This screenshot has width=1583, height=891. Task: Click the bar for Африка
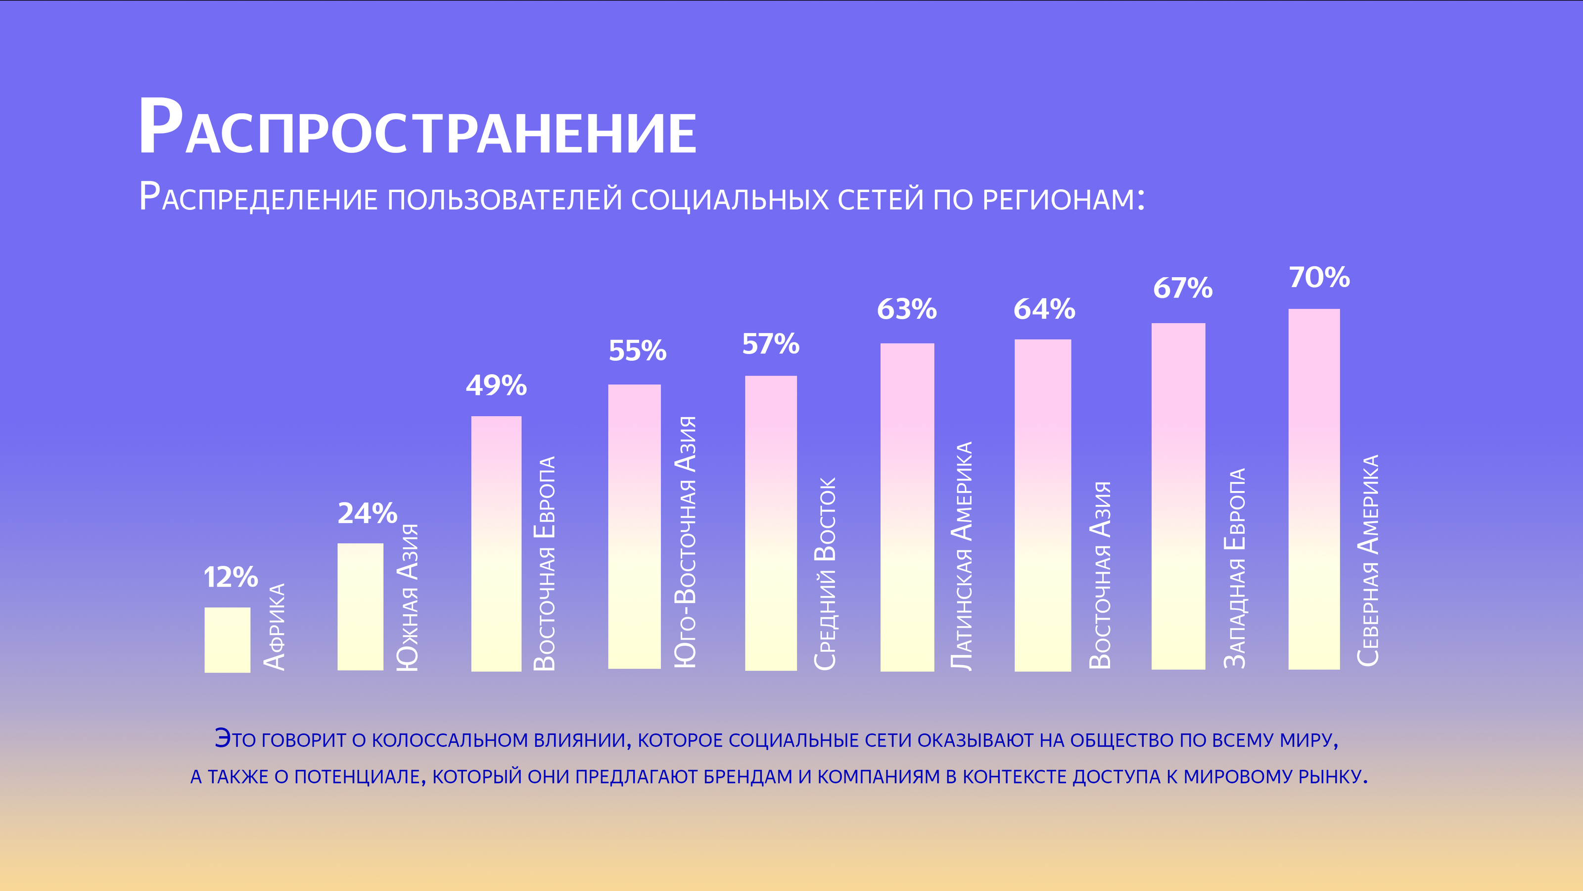(228, 640)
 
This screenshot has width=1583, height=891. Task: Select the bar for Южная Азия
(360, 606)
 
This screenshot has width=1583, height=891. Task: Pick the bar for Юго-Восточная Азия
(634, 526)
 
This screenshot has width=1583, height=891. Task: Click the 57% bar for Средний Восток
(771, 523)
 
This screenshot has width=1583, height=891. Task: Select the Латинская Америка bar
(907, 507)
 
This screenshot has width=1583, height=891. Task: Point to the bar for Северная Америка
(1314, 489)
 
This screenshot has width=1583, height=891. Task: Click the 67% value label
(1182, 288)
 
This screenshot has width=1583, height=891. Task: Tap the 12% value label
(231, 577)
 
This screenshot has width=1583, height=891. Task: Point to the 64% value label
(1044, 309)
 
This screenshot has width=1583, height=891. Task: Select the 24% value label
(368, 513)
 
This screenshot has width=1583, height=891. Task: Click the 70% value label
(1319, 277)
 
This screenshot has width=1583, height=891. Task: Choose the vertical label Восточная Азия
(1101, 575)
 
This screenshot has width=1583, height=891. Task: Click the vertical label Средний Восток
(825, 573)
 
